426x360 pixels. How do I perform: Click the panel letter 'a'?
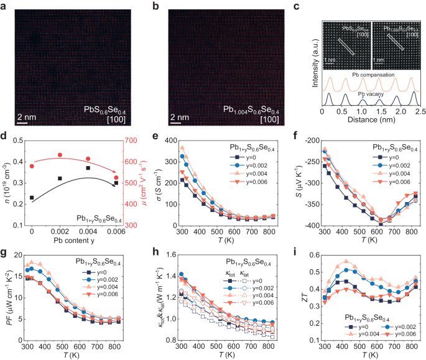(4, 6)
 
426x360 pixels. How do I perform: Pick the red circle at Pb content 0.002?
(60, 155)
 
